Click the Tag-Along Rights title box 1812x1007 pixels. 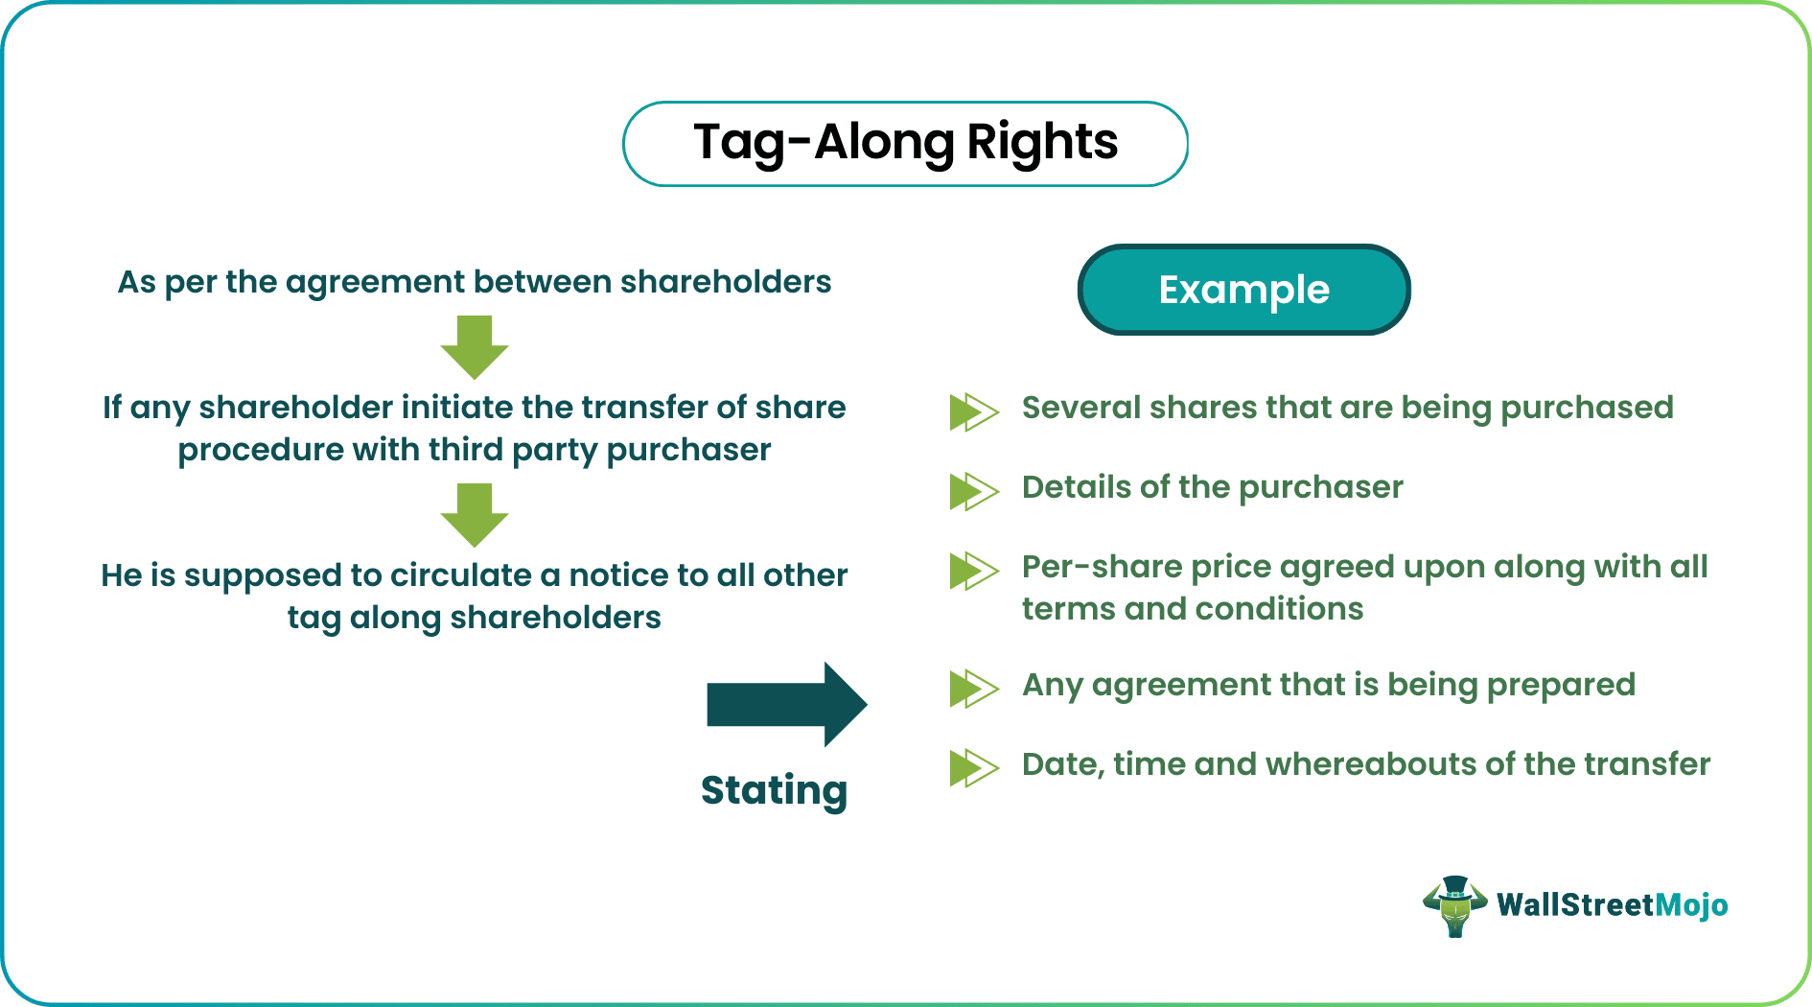pyautogui.click(x=905, y=144)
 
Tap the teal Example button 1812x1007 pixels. pyautogui.click(x=1243, y=290)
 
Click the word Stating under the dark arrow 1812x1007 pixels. pyautogui.click(x=774, y=790)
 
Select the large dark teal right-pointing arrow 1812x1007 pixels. pyautogui.click(x=786, y=705)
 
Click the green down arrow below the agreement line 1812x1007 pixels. pyautogui.click(x=474, y=347)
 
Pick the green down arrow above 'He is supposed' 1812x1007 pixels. pyautogui.click(x=474, y=515)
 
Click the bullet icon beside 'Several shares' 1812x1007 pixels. pyautogui.click(x=973, y=411)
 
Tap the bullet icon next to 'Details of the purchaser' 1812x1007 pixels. pyautogui.click(x=973, y=491)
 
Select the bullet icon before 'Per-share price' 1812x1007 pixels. pyautogui.click(x=973, y=571)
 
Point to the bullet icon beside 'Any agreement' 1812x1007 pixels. pyautogui.click(x=973, y=689)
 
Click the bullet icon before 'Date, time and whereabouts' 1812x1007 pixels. pyautogui.click(x=973, y=768)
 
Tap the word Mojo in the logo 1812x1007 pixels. pyautogui.click(x=1691, y=905)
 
